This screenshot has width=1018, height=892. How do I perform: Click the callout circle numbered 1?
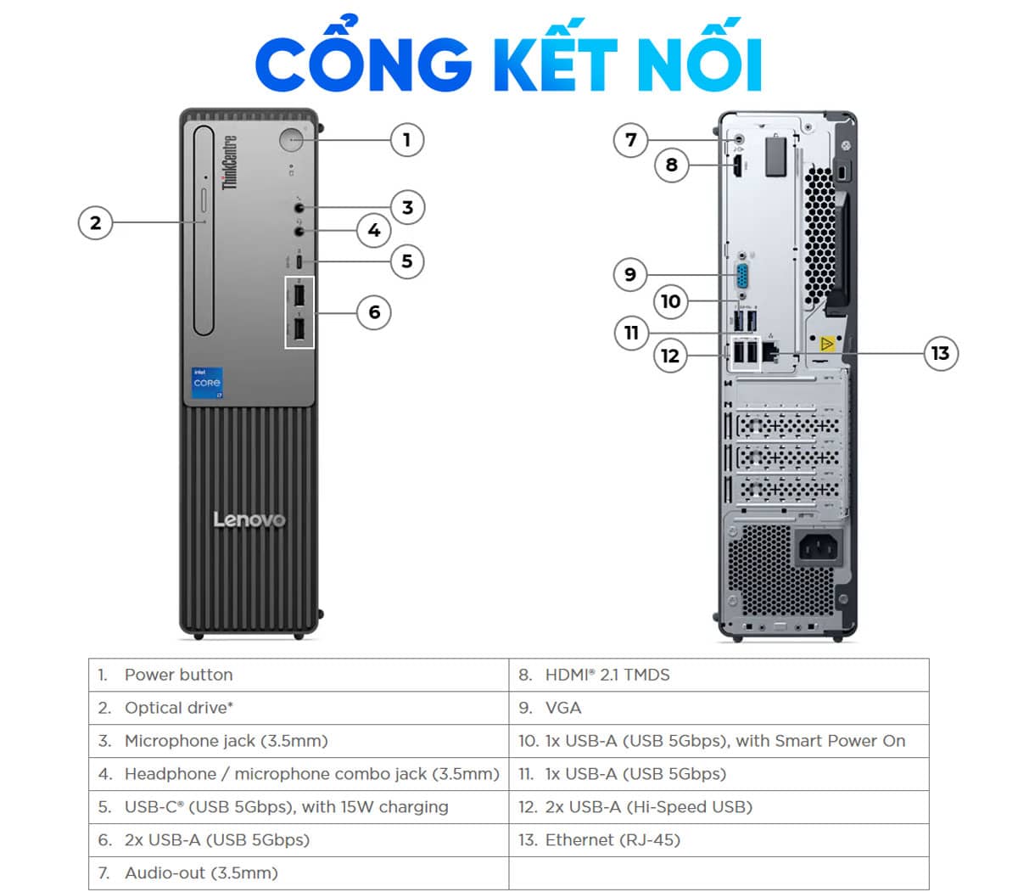pos(406,139)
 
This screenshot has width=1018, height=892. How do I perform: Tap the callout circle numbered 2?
pos(95,223)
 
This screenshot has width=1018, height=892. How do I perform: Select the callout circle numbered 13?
pos(940,353)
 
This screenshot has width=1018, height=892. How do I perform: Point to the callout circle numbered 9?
pos(629,274)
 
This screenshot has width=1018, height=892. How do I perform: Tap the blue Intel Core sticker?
pos(207,383)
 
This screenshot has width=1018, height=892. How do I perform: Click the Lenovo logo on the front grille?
pos(249,519)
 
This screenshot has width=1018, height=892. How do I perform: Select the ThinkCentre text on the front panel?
pos(230,161)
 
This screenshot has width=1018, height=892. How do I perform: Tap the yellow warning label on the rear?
pos(826,344)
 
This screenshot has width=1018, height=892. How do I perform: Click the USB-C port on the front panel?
pos(299,261)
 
